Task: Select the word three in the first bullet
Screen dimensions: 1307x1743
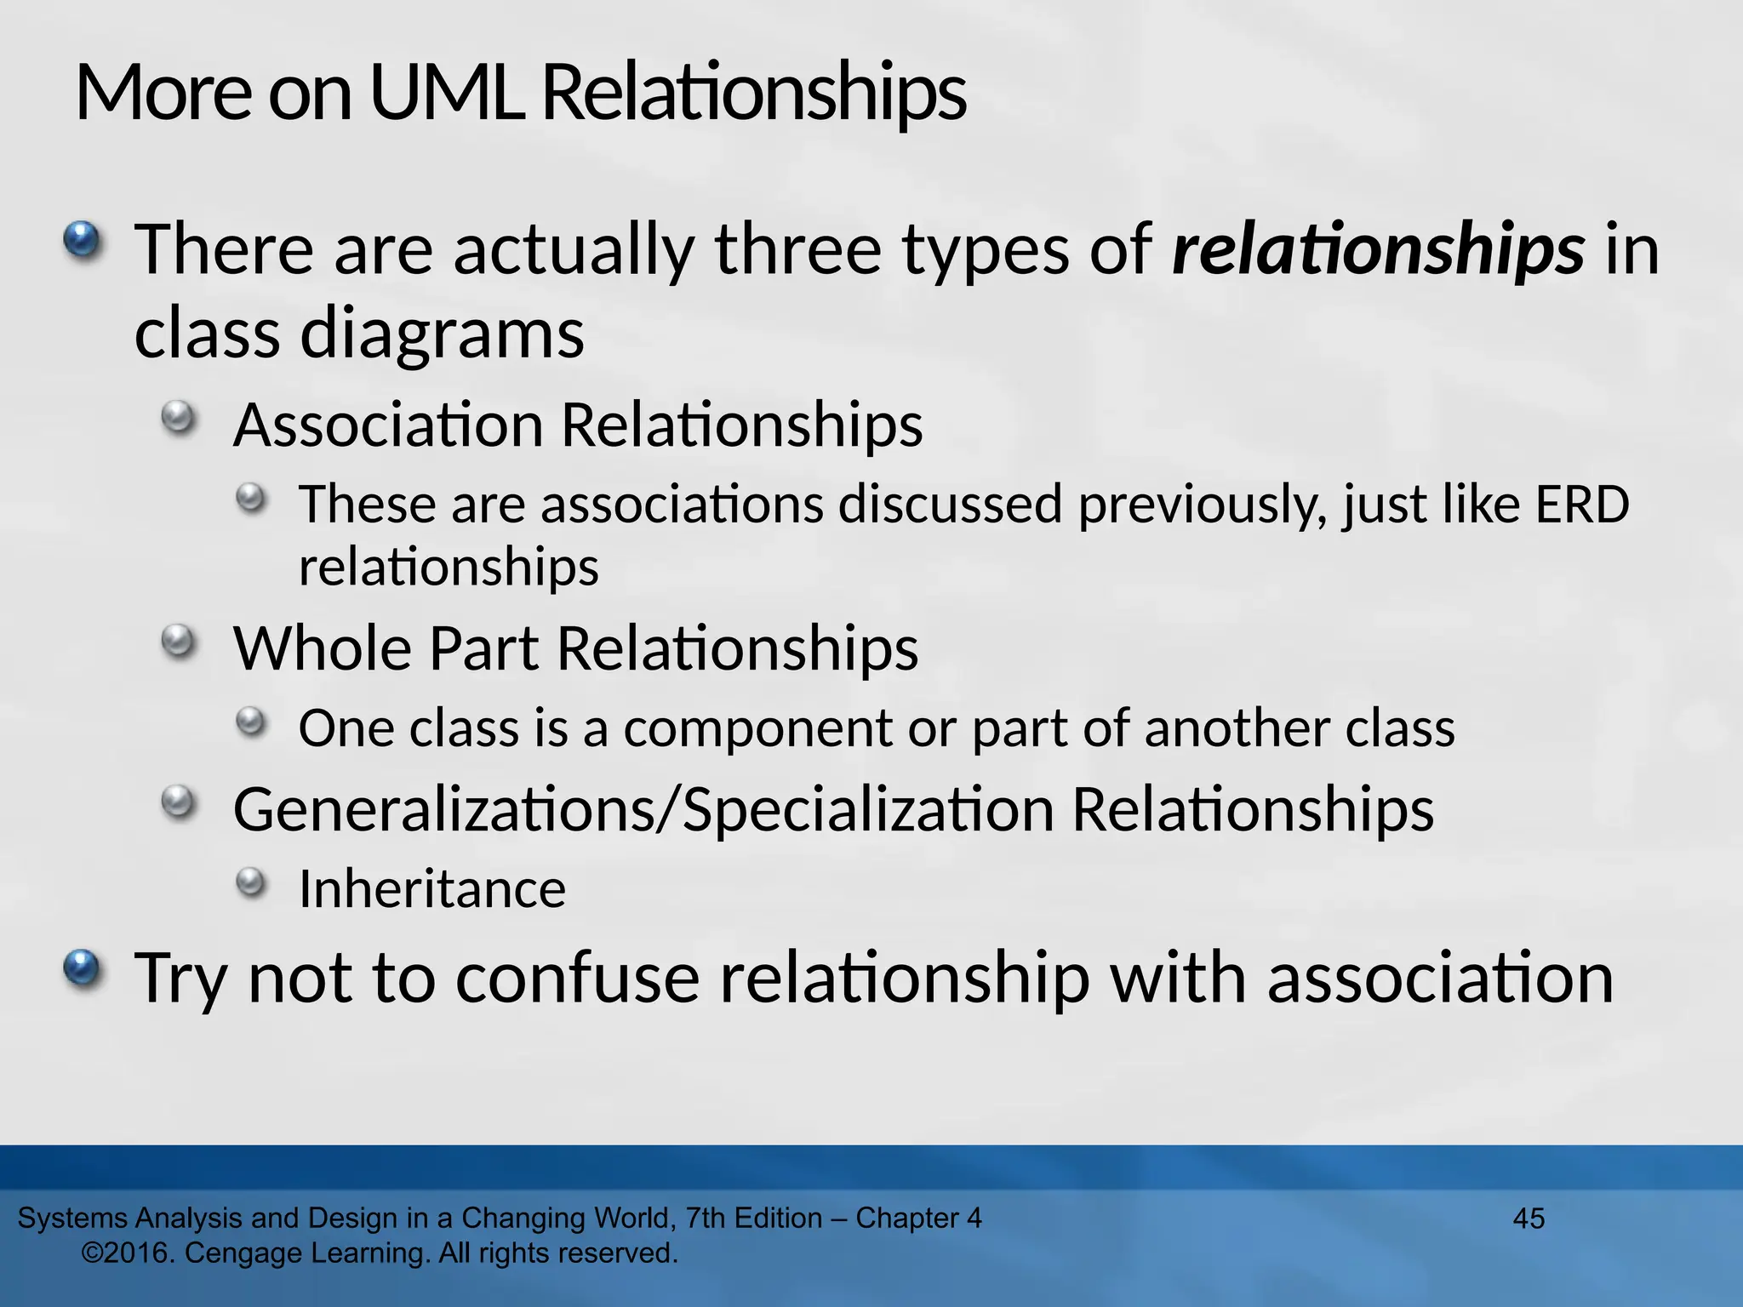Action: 797,248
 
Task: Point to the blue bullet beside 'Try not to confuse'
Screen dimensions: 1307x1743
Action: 82,969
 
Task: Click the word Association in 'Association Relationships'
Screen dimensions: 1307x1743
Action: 388,425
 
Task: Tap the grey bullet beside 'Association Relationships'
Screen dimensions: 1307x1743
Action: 178,418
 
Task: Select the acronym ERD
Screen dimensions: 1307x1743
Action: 1582,504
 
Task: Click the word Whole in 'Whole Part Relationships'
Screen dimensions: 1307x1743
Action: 323,648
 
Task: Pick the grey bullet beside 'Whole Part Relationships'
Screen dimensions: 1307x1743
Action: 178,641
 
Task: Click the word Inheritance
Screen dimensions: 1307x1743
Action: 432,889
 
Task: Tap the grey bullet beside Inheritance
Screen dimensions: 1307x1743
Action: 251,882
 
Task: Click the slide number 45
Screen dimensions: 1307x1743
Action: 1529,1219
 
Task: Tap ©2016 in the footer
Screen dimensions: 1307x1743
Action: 129,1253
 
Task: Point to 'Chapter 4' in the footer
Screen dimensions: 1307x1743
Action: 918,1219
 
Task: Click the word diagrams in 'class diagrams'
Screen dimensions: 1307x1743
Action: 442,334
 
